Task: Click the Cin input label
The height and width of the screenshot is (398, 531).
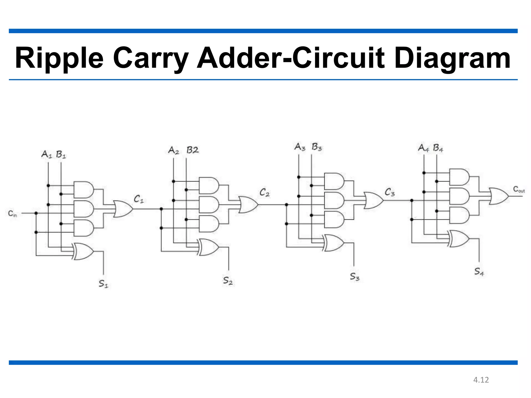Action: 12,214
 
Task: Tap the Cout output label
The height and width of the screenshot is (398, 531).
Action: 519,189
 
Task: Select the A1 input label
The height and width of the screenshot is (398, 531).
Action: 47,154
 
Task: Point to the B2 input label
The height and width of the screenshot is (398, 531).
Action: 192,150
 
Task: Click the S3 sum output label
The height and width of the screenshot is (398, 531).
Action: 355,277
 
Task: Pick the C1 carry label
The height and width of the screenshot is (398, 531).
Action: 138,199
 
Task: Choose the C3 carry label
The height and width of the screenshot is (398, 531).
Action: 389,192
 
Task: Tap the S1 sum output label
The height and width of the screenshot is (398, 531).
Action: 103,284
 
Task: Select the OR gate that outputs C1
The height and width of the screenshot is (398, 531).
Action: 123,209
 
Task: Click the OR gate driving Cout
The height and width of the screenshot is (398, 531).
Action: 499,196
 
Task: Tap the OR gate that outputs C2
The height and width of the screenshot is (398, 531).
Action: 248,205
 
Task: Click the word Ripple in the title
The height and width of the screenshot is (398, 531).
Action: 59,58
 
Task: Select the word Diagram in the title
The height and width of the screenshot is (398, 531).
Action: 452,58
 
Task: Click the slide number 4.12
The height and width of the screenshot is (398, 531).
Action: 481,380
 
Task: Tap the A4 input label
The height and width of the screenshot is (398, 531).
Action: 424,148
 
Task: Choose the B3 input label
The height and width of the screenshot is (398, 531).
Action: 317,147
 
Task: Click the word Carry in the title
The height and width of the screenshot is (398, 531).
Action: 151,58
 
